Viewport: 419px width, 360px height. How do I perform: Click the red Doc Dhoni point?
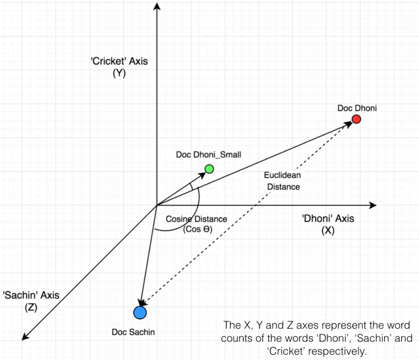click(356, 119)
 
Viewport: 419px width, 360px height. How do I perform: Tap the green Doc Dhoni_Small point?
click(209, 169)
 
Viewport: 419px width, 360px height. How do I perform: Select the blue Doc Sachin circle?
click(140, 313)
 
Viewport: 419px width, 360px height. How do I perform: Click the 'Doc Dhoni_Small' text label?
click(208, 155)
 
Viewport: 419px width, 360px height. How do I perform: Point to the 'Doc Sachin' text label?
click(133, 332)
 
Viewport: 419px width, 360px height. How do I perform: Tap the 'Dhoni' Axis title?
click(328, 218)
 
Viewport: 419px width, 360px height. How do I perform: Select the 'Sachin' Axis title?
click(31, 295)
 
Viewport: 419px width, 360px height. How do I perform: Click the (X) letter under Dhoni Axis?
click(328, 230)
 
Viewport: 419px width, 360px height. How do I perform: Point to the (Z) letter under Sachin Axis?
click(31, 307)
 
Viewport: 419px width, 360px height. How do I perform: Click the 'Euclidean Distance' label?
click(283, 181)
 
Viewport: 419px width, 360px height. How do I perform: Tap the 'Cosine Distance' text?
click(196, 219)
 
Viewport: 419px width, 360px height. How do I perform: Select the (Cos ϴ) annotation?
click(197, 230)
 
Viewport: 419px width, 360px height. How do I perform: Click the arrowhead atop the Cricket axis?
click(156, 6)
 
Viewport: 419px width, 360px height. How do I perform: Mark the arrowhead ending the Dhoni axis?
click(373, 205)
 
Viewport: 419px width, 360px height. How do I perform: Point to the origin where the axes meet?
click(156, 205)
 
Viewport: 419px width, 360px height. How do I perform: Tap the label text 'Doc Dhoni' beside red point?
click(357, 109)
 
